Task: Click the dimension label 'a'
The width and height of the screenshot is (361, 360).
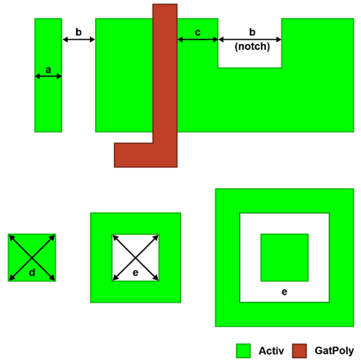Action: pyautogui.click(x=48, y=70)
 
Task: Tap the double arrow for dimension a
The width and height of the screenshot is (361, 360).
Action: pyautogui.click(x=48, y=76)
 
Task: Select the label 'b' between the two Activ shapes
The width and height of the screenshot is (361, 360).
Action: pyautogui.click(x=79, y=32)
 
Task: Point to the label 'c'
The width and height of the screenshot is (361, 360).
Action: pyautogui.click(x=198, y=33)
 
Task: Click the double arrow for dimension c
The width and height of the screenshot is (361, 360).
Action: pyautogui.click(x=198, y=39)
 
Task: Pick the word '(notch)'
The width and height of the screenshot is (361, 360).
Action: pyautogui.click(x=252, y=47)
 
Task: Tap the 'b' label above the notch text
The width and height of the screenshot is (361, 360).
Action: pyautogui.click(x=252, y=32)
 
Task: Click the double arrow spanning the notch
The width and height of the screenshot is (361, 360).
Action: pyautogui.click(x=250, y=39)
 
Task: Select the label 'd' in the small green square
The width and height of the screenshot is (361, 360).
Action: pyautogui.click(x=32, y=272)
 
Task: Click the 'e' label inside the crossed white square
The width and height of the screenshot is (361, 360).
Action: pyautogui.click(x=135, y=272)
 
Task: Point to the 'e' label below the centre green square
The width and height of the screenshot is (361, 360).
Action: pyautogui.click(x=284, y=292)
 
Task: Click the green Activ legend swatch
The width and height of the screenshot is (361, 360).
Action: pyautogui.click(x=243, y=351)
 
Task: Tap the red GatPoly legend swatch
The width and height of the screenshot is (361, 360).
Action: pyautogui.click(x=300, y=351)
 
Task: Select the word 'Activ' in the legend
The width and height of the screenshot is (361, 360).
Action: pyautogui.click(x=271, y=351)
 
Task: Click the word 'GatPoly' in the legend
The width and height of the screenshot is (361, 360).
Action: pyautogui.click(x=334, y=351)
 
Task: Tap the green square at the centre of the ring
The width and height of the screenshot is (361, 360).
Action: pyautogui.click(x=285, y=258)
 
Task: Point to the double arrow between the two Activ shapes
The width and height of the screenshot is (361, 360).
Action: pyautogui.click(x=79, y=39)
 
